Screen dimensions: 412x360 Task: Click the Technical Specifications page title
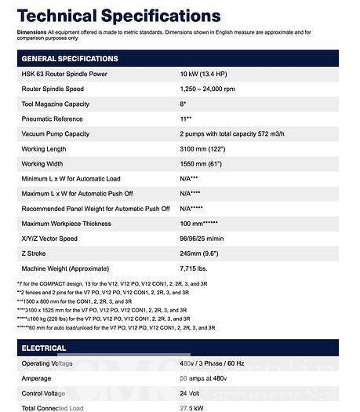(x=118, y=16)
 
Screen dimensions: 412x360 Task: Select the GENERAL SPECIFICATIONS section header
(x=70, y=59)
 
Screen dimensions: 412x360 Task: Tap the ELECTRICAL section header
(x=44, y=347)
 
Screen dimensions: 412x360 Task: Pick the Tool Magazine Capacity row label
(x=55, y=104)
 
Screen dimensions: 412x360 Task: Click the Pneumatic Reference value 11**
(x=186, y=118)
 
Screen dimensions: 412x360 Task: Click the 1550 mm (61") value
(x=205, y=163)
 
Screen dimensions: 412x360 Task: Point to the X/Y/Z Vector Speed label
(x=49, y=239)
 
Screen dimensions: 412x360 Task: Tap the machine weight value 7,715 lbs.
(x=197, y=268)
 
